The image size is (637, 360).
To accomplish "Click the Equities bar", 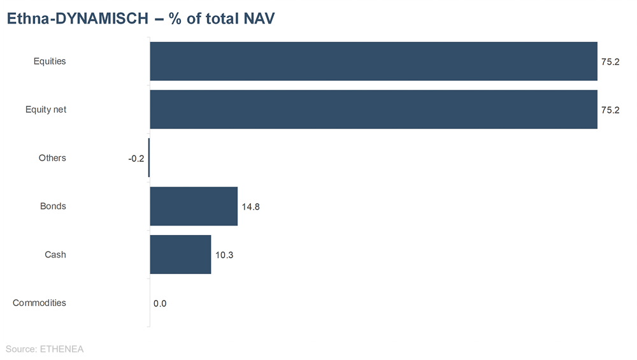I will pyautogui.click(x=373, y=61).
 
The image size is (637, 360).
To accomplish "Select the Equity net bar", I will pyautogui.click(x=373, y=110).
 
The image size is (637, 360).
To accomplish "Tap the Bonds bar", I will pyautogui.click(x=194, y=206).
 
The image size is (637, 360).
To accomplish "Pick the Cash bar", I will pyautogui.click(x=180, y=255).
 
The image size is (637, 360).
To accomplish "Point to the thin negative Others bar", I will pyautogui.click(x=149, y=158).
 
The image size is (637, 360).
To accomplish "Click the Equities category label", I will pyautogui.click(x=50, y=61).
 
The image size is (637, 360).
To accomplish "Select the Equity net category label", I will pyautogui.click(x=46, y=110).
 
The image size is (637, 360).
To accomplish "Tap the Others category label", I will pyautogui.click(x=52, y=158).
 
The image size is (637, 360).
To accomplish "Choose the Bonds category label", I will pyautogui.click(x=53, y=206).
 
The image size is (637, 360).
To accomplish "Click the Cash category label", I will pyautogui.click(x=55, y=255).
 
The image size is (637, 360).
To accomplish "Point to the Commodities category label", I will pyautogui.click(x=39, y=303).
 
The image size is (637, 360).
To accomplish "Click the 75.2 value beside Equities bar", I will pyautogui.click(x=610, y=62).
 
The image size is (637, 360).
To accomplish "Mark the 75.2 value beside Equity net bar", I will pyautogui.click(x=610, y=110).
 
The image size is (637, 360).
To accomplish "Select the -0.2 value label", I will pyautogui.click(x=136, y=159).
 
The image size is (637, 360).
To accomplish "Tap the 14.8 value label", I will pyautogui.click(x=250, y=207).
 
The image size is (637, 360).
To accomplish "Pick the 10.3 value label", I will pyautogui.click(x=224, y=256).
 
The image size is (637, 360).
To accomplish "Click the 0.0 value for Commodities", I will pyautogui.click(x=160, y=304).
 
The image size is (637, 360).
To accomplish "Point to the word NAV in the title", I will pyautogui.click(x=259, y=19).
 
